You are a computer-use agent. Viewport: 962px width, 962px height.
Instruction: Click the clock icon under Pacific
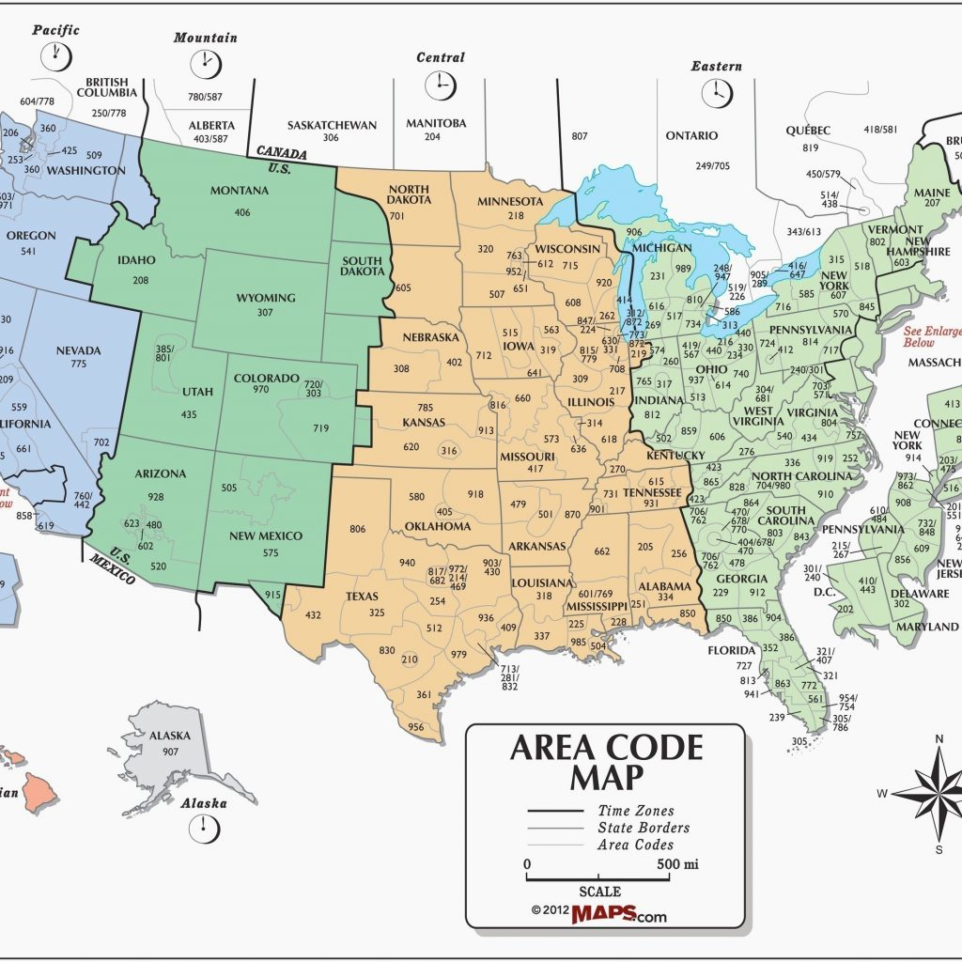tap(54, 56)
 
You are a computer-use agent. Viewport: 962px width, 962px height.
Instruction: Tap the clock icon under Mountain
tap(204, 64)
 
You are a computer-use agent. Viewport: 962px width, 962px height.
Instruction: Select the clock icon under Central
tap(440, 85)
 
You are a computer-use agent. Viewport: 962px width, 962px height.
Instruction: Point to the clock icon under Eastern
tap(716, 93)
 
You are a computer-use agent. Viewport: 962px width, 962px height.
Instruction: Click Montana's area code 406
tap(242, 212)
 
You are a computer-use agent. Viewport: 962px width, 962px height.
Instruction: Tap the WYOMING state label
tap(266, 298)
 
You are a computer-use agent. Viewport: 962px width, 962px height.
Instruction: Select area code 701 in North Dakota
tap(397, 215)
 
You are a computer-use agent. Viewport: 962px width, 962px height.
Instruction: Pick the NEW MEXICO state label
tap(270, 535)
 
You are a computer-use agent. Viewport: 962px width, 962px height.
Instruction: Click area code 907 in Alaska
tap(170, 752)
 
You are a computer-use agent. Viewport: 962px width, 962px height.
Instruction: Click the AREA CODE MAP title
tap(606, 762)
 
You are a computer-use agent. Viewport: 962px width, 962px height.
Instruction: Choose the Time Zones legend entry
tap(636, 811)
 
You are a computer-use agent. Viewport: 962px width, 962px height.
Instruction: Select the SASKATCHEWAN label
tap(331, 125)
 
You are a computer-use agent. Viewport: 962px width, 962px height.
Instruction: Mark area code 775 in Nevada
tap(78, 364)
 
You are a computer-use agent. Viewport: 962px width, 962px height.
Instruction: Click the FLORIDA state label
tap(732, 650)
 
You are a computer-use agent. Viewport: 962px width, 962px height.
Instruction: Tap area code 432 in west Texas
tap(313, 614)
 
